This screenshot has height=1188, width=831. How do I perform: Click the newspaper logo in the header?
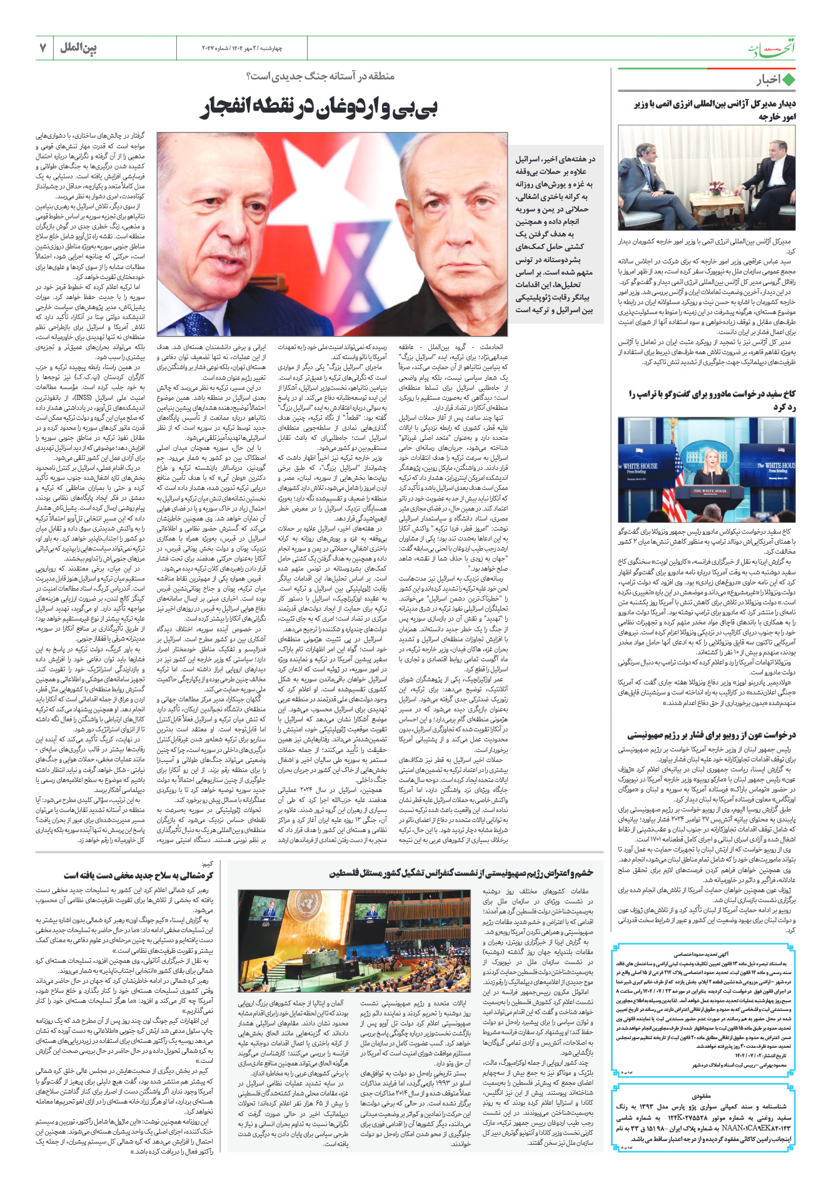point(772,49)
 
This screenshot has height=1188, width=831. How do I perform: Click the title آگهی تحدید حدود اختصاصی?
point(703,955)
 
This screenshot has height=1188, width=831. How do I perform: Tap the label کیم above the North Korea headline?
point(208,863)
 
